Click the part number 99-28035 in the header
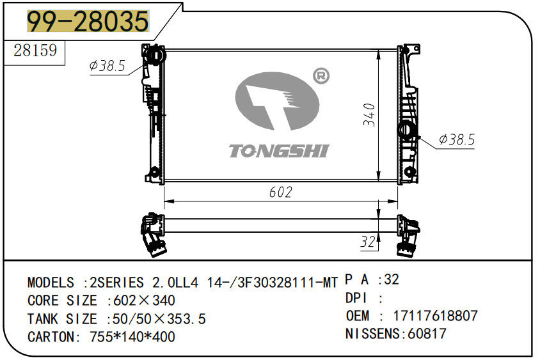pos(88,21)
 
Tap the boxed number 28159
pos(35,51)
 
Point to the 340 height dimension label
pos(369,114)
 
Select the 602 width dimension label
pos(281,192)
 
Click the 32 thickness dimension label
pos(367,242)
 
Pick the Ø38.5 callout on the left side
pos(107,65)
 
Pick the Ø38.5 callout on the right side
pos(457,139)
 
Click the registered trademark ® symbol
pos(321,76)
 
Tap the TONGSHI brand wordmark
pos(280,151)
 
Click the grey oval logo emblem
pos(277,101)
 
